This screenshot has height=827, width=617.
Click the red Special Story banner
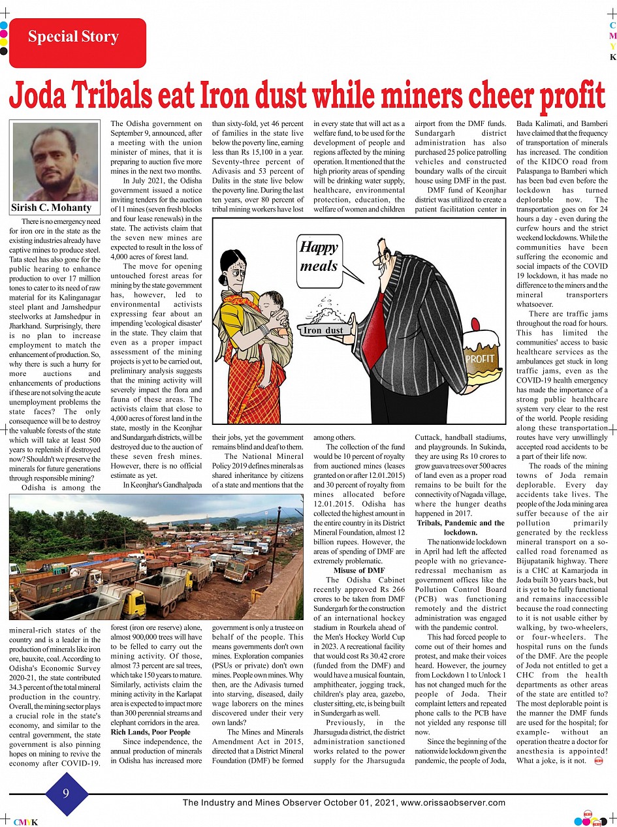(x=72, y=38)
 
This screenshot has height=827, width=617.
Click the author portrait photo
(x=55, y=162)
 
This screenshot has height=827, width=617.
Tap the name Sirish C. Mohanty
(x=51, y=208)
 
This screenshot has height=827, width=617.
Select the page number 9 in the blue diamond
(x=66, y=793)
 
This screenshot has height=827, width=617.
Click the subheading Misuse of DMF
(x=359, y=570)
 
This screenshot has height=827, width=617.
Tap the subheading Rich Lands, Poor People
(x=151, y=732)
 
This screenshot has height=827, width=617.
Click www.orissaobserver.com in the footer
(x=452, y=803)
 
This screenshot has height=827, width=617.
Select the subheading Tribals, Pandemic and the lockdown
(x=460, y=527)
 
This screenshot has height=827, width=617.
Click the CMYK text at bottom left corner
(x=25, y=821)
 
